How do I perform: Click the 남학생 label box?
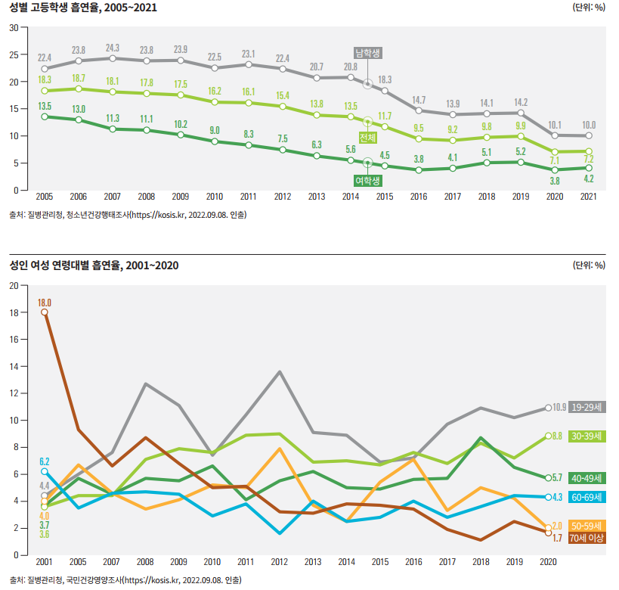368,53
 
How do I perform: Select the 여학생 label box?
368,181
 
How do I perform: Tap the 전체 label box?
368,138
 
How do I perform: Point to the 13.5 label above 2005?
45,106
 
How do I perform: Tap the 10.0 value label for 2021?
588,125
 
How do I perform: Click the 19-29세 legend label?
587,407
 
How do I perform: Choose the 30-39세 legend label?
587,436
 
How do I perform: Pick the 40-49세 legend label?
587,477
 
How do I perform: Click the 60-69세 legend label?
587,497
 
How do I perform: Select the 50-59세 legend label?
587,525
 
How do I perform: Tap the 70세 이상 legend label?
587,538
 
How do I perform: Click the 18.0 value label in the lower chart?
45,303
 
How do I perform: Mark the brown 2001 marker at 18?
45,312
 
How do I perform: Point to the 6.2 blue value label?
45,461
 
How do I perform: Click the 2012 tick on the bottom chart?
280,563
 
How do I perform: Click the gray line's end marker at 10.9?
548,408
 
